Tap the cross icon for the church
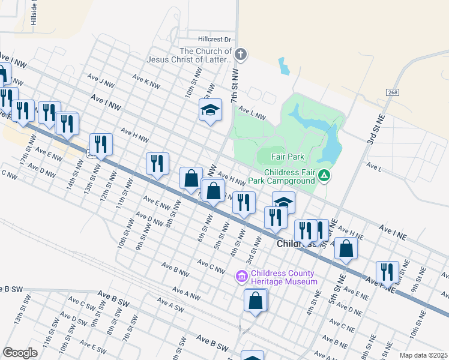240,55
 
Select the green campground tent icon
324,175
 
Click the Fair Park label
288,157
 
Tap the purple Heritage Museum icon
241,277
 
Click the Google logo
20,353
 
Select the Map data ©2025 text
423,355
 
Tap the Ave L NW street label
252,113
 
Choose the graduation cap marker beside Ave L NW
210,110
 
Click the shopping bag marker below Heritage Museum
256,301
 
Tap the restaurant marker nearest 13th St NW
101,145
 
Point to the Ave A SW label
170,307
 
